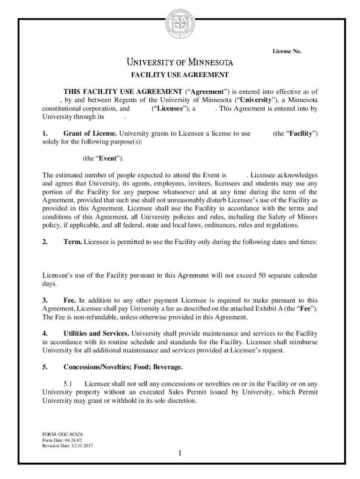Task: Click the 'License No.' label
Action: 287,51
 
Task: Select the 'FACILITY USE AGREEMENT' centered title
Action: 180,75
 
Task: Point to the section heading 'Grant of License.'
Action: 90,133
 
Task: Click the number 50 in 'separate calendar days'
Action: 257,275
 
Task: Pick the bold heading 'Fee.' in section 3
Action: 70,300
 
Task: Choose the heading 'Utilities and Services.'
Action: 97,334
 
